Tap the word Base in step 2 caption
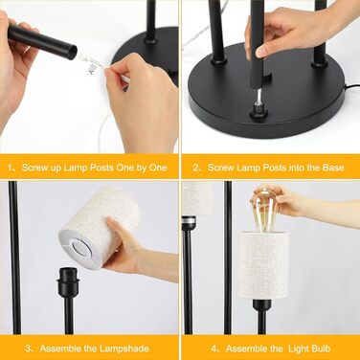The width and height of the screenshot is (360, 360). click(x=333, y=168)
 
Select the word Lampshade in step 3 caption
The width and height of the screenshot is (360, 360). click(x=125, y=349)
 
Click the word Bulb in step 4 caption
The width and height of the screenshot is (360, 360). click(x=320, y=349)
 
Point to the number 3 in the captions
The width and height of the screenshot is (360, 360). click(x=28, y=349)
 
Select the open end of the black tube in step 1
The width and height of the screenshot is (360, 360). click(x=73, y=51)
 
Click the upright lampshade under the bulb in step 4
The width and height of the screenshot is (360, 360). click(x=263, y=265)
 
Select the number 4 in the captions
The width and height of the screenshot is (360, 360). click(x=214, y=349)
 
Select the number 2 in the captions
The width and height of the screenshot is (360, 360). click(x=196, y=168)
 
